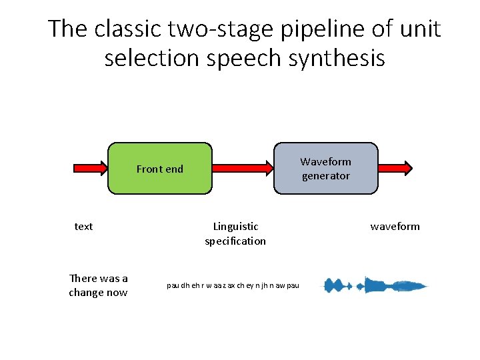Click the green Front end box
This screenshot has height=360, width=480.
(159, 169)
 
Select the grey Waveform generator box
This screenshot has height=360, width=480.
(325, 169)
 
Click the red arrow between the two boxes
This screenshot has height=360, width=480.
(243, 169)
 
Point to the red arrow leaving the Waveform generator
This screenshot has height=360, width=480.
(395, 169)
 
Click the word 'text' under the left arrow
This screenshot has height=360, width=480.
(83, 227)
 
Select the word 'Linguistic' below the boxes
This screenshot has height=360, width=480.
(235, 227)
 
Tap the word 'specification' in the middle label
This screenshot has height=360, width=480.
(235, 241)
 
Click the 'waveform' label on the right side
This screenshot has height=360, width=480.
(395, 227)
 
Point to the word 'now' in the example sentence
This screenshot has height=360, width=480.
(117, 293)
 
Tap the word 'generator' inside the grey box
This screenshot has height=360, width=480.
(325, 176)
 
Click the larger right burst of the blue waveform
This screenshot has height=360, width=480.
(390, 285)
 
